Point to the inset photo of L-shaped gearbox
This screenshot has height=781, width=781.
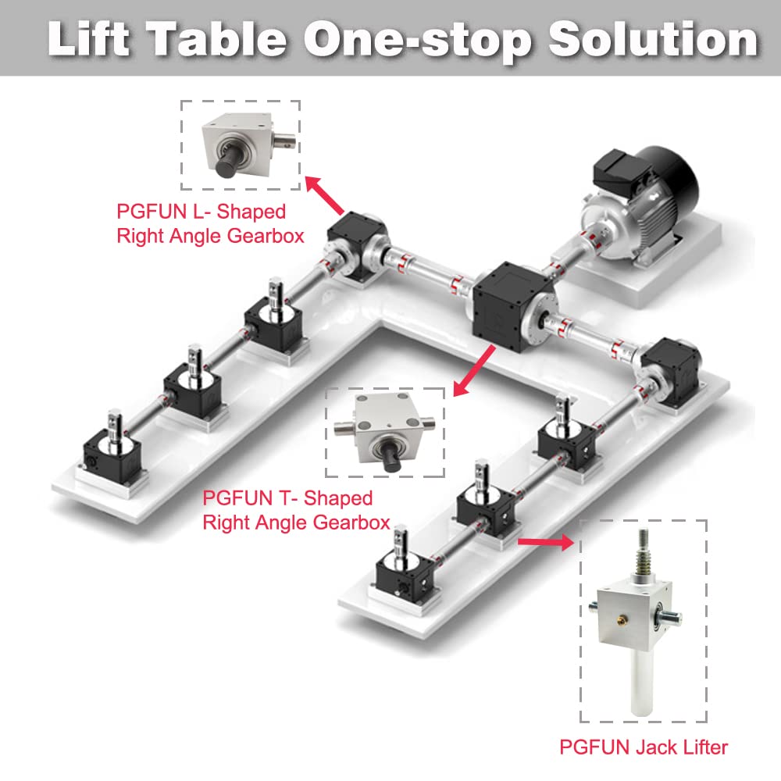pos(241,144)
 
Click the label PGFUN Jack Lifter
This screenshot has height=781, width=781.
pos(643,747)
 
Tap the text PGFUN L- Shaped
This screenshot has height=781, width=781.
pos(201,212)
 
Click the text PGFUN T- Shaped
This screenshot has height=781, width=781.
pos(287,498)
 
